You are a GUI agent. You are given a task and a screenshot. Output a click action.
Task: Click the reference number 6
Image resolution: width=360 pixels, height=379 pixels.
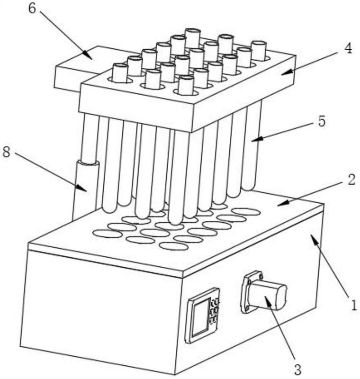32,9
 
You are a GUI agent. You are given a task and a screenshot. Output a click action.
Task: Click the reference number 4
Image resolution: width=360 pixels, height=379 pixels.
348,49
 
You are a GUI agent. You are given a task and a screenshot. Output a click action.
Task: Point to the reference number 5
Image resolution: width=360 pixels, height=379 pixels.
321,122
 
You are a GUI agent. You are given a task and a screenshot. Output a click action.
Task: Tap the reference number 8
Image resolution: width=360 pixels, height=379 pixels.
7,153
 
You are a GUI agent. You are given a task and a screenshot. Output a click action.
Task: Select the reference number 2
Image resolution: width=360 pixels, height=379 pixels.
351,180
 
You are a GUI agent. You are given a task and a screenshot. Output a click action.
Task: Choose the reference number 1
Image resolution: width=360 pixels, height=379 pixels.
354,305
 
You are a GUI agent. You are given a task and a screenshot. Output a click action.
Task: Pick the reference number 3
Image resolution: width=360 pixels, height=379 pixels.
297,369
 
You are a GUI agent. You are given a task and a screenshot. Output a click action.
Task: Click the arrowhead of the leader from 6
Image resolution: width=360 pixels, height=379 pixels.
88,54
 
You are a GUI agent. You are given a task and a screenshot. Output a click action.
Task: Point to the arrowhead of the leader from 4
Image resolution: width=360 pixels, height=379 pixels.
287,72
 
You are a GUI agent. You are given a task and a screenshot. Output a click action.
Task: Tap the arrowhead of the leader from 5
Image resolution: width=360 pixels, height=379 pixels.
257,139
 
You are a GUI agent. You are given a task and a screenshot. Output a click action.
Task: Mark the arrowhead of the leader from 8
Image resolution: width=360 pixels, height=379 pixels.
81,188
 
